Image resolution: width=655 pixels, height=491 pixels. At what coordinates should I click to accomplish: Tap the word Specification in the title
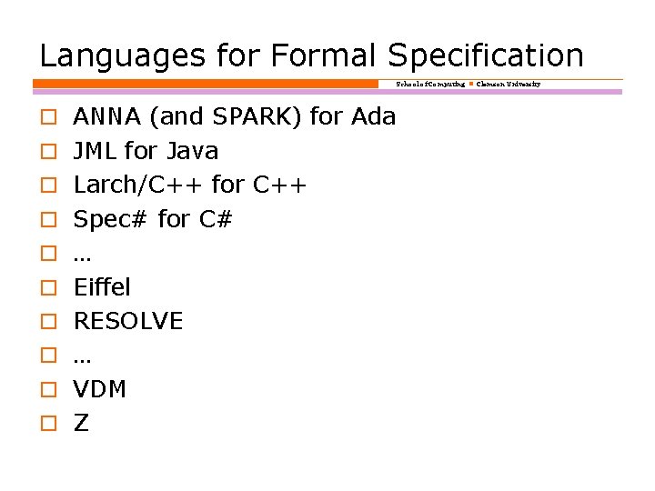tap(486, 55)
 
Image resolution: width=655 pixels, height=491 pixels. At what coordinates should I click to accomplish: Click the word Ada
tap(373, 116)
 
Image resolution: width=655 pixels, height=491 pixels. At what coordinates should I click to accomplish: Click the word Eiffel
tap(102, 287)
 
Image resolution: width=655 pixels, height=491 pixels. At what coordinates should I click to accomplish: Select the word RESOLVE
tap(128, 321)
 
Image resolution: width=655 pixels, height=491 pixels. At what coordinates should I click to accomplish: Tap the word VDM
tap(99, 389)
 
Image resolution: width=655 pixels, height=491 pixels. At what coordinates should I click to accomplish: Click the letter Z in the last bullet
tap(81, 424)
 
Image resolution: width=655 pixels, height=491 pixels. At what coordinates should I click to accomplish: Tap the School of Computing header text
tap(430, 84)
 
